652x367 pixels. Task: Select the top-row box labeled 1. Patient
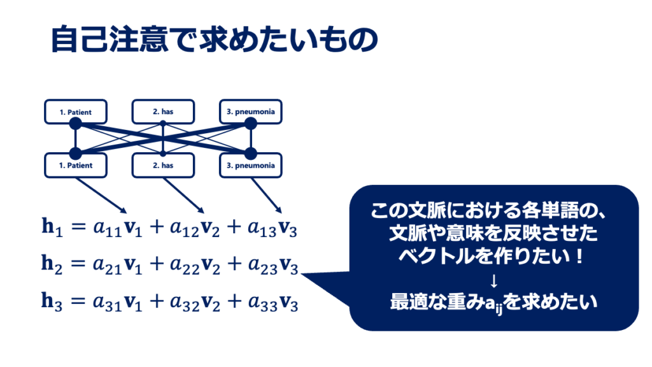(x=76, y=112)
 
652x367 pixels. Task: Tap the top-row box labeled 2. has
(x=163, y=112)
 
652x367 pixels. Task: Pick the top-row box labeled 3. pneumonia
(x=250, y=112)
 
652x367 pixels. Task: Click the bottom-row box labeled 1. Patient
(x=76, y=166)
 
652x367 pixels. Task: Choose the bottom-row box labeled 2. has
(x=163, y=166)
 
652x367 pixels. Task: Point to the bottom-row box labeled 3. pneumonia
(x=250, y=166)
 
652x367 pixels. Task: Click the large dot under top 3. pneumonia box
(x=250, y=124)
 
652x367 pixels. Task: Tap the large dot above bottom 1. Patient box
(x=76, y=154)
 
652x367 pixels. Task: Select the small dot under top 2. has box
(x=163, y=124)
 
